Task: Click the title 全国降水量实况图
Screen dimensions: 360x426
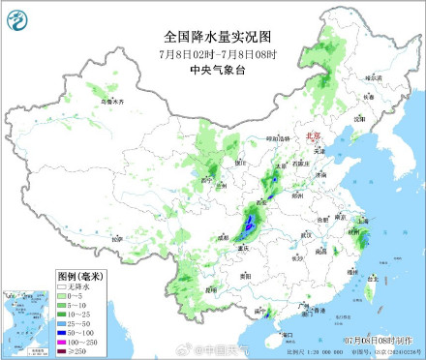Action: (x=212, y=33)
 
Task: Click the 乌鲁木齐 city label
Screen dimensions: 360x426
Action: (x=113, y=101)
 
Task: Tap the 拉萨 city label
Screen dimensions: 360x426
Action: (x=117, y=237)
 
